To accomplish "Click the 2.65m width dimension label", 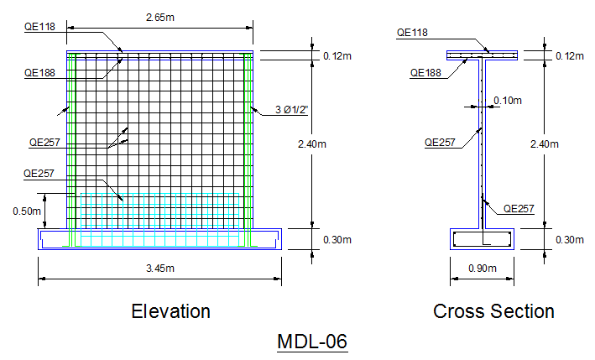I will point(160,17).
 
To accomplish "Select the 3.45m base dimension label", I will point(160,269).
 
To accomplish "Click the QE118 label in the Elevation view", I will point(38,27).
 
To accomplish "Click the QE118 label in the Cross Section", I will point(412,33).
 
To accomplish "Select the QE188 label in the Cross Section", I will point(426,72).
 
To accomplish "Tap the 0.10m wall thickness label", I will point(508,101).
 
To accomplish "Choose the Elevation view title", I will point(170,311).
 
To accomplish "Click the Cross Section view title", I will point(493,311).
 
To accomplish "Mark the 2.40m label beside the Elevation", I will point(311,143).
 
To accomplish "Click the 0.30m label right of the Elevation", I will point(337,240).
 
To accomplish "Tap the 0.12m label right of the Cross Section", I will point(569,56).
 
